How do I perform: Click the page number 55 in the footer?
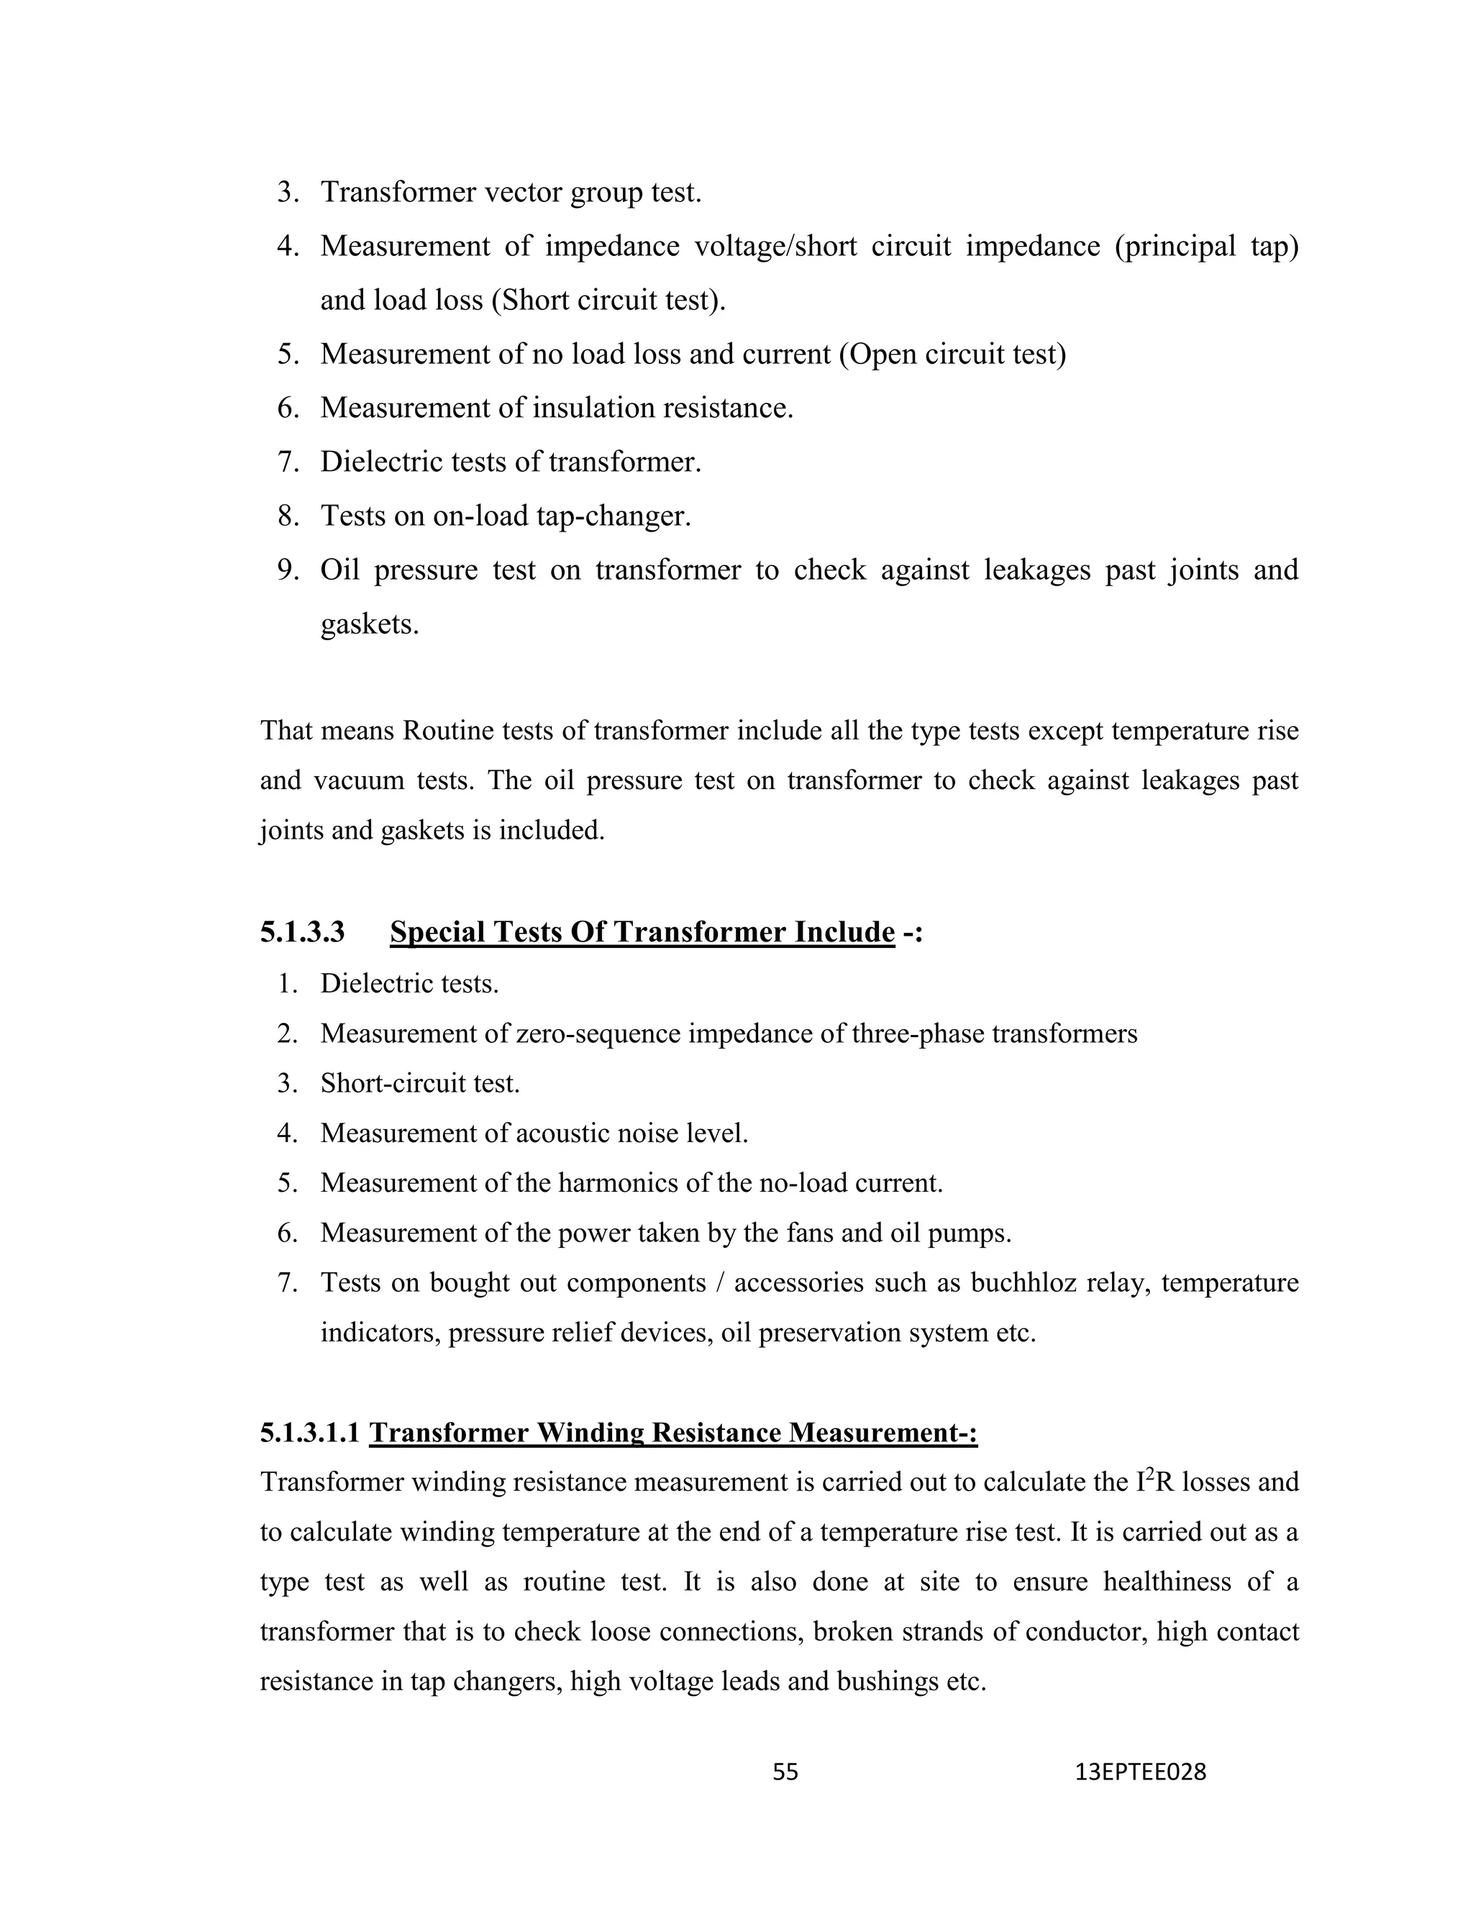pyautogui.click(x=785, y=1772)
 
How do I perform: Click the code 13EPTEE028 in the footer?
pyautogui.click(x=1141, y=1772)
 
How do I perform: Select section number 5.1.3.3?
pyautogui.click(x=302, y=932)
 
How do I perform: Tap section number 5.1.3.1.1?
pyautogui.click(x=310, y=1433)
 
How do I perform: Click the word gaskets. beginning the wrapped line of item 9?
pyautogui.click(x=369, y=624)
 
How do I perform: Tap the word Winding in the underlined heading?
pyautogui.click(x=590, y=1433)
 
